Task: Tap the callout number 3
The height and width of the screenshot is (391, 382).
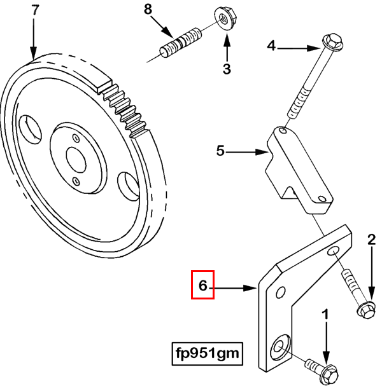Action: tap(226, 68)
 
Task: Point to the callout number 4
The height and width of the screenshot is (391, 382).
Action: tap(271, 46)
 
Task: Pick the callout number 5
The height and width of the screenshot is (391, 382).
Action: tap(220, 151)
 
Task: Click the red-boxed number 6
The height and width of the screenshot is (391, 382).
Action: tap(203, 285)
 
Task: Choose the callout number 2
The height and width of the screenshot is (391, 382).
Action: tap(371, 240)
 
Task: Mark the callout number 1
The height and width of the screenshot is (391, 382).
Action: tap(325, 314)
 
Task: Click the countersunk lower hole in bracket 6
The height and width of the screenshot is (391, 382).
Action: tap(280, 347)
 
